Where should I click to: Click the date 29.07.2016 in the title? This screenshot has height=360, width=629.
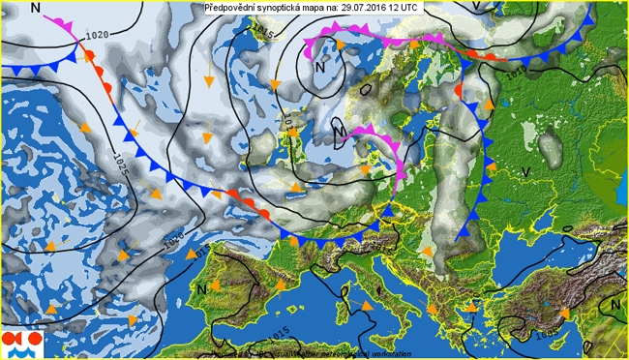pyautogui.click(x=365, y=8)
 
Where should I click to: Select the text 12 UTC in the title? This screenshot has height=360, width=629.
pyautogui.click(x=408, y=8)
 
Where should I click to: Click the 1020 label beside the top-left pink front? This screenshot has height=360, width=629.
pyautogui.click(x=97, y=36)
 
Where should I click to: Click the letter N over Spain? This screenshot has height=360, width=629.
pyautogui.click(x=202, y=287)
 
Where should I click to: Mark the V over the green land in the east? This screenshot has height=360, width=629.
pyautogui.click(x=527, y=171)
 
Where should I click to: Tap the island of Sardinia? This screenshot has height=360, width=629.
pyautogui.click(x=342, y=309)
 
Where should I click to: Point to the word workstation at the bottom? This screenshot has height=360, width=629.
pyautogui.click(x=373, y=353)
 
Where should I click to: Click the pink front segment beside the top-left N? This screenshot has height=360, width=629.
pyautogui.click(x=61, y=22)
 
